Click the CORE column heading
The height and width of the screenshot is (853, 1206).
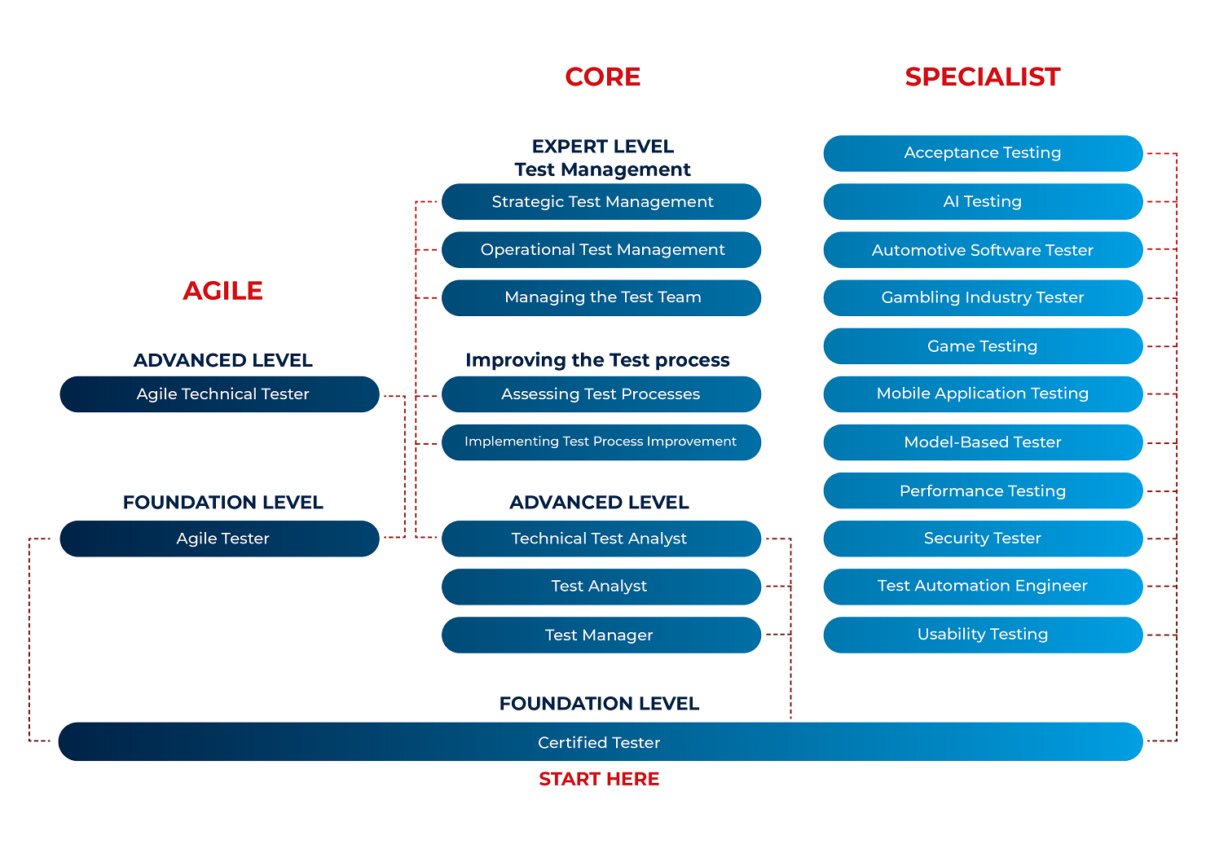[602, 77]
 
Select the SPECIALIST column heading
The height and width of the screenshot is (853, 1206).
[982, 77]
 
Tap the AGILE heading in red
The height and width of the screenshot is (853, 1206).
[222, 291]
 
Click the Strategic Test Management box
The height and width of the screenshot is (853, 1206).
[601, 202]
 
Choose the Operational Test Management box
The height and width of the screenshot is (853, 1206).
[601, 250]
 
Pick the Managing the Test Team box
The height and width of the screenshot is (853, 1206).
[601, 297]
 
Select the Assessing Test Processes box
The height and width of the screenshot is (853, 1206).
[601, 394]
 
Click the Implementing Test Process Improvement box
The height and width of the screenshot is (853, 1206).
[601, 442]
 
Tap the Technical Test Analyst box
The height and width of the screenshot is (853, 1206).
[601, 539]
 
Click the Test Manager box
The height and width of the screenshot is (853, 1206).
[601, 635]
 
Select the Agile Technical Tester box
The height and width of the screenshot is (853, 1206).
[220, 394]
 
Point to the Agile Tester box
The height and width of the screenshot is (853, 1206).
[220, 539]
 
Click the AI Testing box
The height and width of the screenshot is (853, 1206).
[983, 202]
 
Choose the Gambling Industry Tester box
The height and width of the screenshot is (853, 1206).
[983, 297]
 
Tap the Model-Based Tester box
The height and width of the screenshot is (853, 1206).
[983, 442]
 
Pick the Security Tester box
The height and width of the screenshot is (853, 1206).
[983, 539]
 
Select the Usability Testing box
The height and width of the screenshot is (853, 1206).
[983, 635]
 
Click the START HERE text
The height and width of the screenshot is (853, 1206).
[599, 779]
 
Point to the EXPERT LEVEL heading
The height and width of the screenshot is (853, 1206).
[602, 147]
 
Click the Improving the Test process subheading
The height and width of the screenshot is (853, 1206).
[597, 360]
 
